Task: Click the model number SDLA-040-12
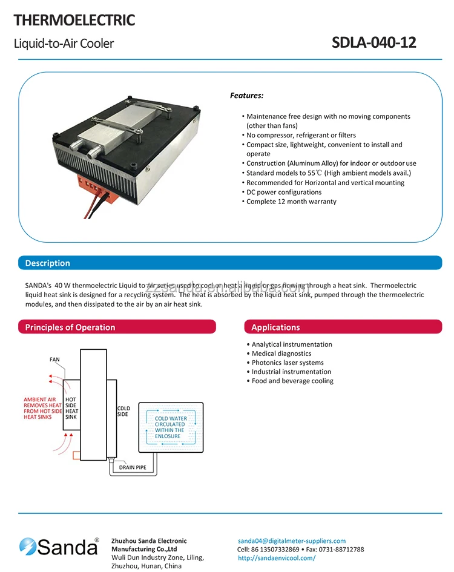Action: pos(374,43)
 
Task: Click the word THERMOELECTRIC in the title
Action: pos(74,21)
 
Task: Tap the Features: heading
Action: pos(246,96)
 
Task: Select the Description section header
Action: pos(48,263)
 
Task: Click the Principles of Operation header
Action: pos(70,327)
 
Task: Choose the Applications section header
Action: pos(275,327)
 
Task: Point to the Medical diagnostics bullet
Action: pos(281,353)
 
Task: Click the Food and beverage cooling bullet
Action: pos(292,381)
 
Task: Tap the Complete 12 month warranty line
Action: pos(291,202)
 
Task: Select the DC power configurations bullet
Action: pos(284,192)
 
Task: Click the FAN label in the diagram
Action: pos(54,360)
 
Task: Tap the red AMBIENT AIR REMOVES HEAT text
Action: pos(43,409)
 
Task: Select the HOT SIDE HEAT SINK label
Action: pos(71,409)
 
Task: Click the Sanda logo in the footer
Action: pos(59,547)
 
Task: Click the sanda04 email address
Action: pos(292,541)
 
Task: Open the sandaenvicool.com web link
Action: pos(277,558)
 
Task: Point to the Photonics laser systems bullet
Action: pos(288,363)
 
